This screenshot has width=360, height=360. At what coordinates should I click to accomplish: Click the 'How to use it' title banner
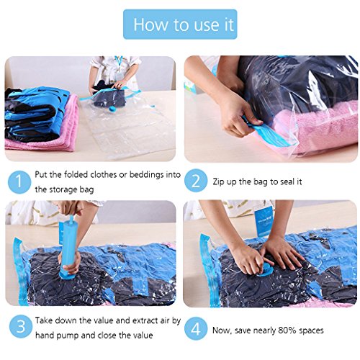(180, 24)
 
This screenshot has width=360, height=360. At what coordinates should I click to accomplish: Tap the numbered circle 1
(19, 182)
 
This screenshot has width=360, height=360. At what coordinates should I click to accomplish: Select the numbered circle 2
(196, 181)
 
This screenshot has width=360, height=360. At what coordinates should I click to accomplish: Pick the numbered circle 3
(21, 327)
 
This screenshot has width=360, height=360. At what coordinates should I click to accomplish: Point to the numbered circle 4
(196, 328)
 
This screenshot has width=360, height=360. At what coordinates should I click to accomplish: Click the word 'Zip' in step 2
(218, 181)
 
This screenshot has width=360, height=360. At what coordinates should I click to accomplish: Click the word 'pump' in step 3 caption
(68, 336)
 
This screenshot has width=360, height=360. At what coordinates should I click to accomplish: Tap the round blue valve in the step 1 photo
(112, 109)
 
